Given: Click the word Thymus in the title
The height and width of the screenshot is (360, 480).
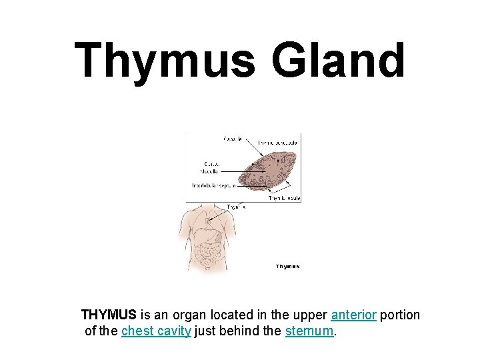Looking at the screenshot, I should tap(165, 60).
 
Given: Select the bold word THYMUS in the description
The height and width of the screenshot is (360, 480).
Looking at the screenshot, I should tap(109, 315).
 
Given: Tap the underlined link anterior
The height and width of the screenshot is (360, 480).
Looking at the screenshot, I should tap(353, 315).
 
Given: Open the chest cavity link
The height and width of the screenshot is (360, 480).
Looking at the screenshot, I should tap(156, 331).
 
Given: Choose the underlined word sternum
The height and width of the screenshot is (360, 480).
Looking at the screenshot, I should tap(309, 331).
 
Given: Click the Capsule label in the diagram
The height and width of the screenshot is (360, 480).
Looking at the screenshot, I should tap(233, 139).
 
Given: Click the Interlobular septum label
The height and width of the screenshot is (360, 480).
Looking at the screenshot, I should tap(214, 186).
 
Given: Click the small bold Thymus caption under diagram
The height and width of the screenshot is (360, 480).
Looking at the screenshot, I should tap(288, 267).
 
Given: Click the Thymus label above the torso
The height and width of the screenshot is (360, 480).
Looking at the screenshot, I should tap(236, 207).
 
